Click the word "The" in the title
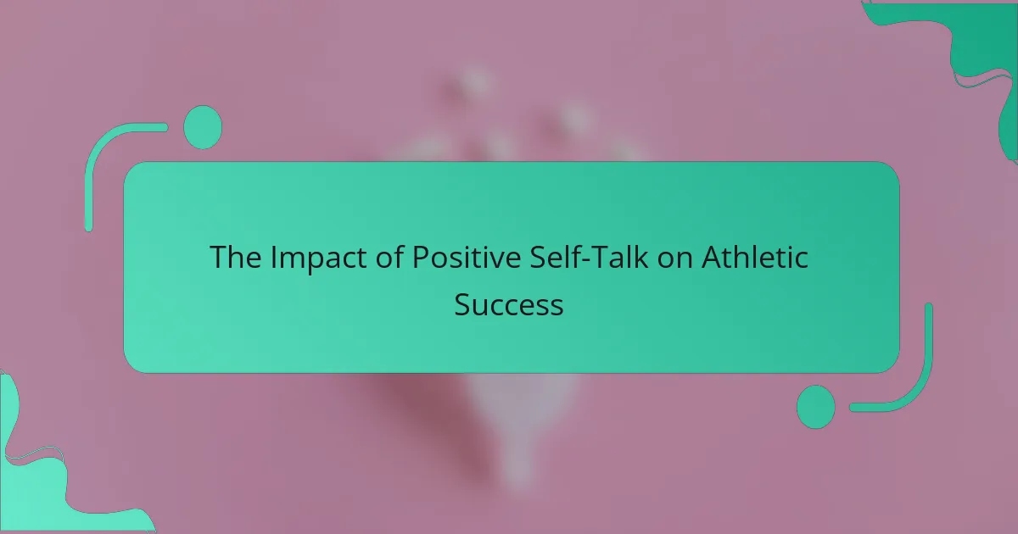point(236,257)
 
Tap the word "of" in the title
point(389,257)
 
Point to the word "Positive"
point(467,257)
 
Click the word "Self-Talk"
point(589,257)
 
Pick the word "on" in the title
point(675,260)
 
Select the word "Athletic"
point(755,257)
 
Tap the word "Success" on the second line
point(509,304)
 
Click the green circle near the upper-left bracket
point(203,127)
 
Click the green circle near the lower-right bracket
point(816,407)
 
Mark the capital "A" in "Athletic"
point(712,258)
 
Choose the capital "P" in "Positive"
point(421,258)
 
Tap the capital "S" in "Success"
point(463,304)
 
